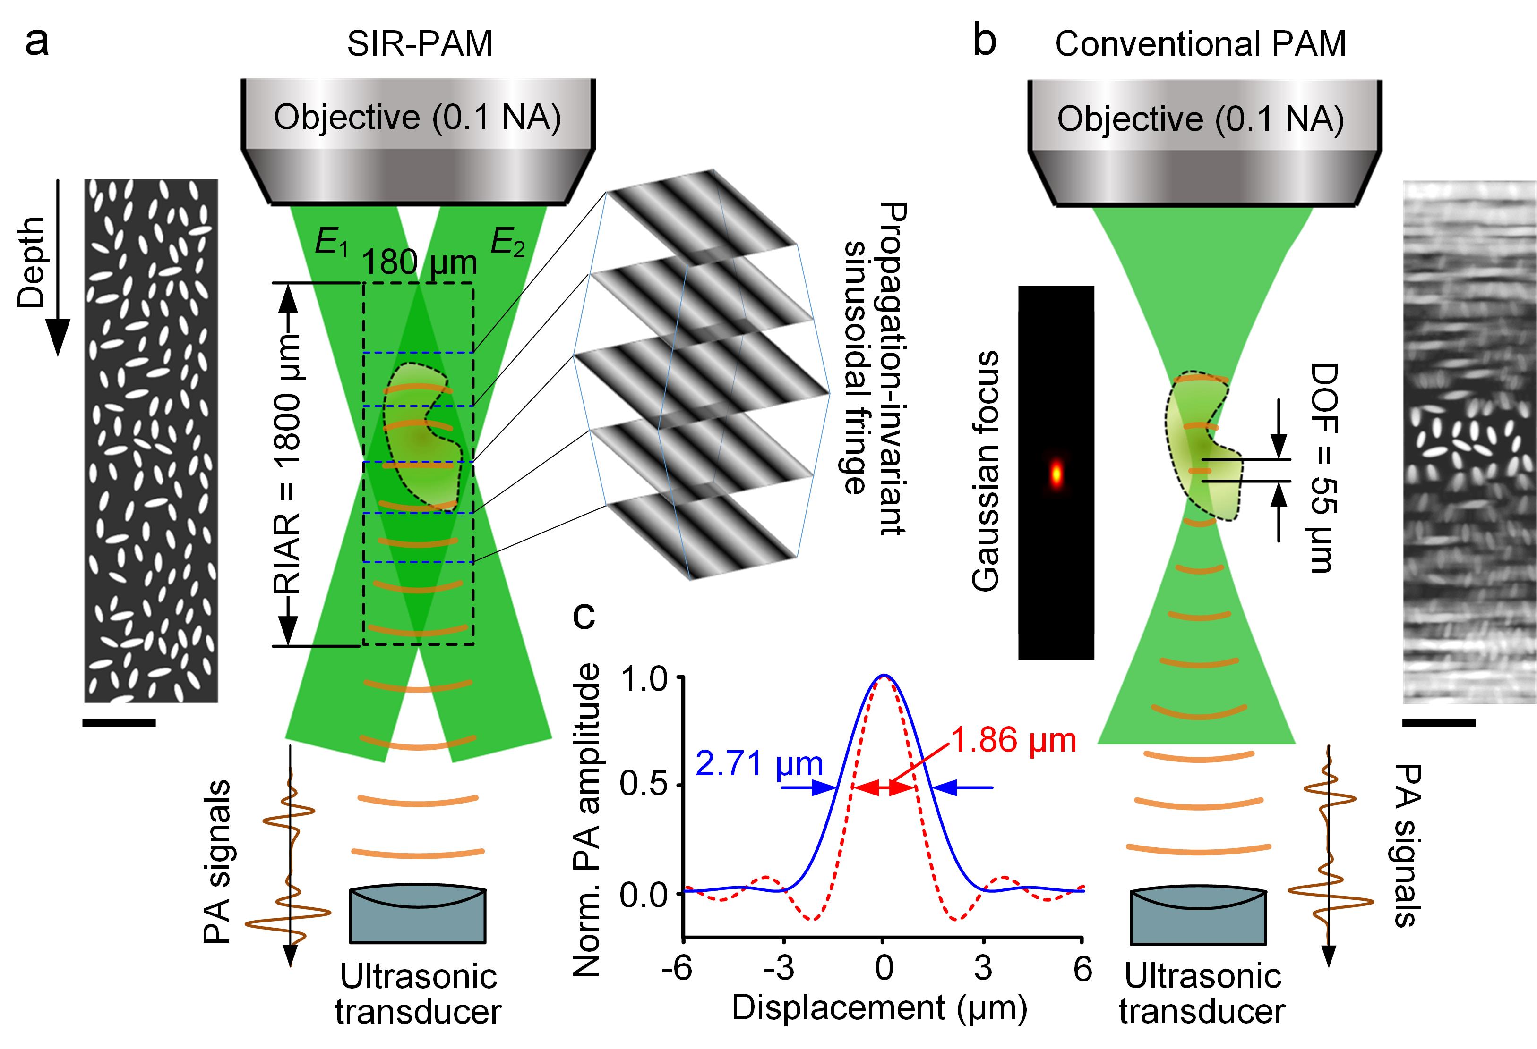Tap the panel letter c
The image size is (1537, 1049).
584,616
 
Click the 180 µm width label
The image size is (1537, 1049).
419,262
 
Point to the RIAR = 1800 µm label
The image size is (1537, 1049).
286,463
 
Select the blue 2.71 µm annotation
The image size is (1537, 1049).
759,764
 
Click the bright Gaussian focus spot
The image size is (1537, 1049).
1056,472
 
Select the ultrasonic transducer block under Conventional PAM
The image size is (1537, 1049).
1199,915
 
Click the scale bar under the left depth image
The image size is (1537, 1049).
119,723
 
